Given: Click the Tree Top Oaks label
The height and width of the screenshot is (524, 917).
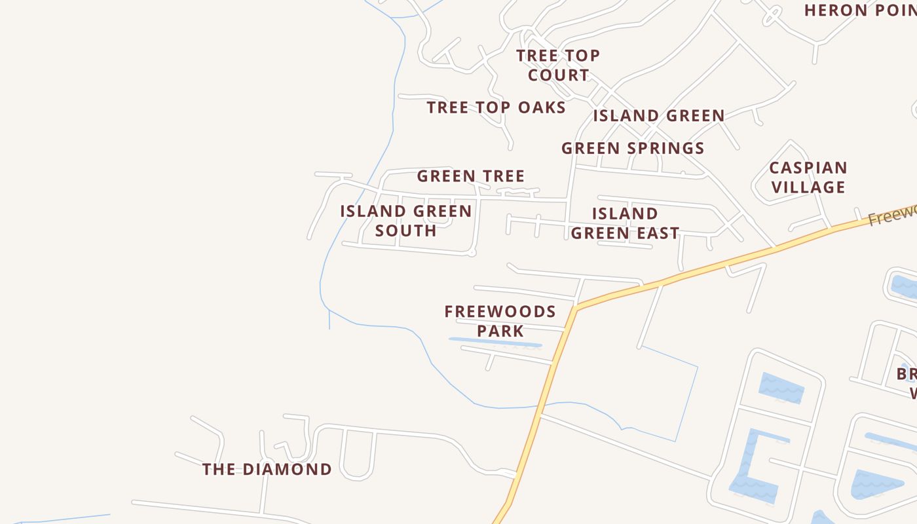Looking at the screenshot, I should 496,107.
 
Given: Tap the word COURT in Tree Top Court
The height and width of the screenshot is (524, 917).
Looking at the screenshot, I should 558,75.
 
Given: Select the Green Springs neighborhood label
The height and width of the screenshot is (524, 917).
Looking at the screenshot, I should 633,148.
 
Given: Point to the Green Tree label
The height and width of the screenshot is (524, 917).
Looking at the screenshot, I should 470,176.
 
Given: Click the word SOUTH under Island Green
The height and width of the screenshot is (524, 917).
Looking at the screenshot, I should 405,231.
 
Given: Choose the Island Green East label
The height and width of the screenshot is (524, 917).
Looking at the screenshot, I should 625,223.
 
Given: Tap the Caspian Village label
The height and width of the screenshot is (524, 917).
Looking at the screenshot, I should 808,178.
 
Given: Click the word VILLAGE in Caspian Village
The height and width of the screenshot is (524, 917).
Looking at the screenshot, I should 808,187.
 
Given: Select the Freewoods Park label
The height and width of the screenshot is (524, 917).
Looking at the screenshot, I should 500,321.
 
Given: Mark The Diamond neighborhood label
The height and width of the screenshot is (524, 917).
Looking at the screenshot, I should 267,470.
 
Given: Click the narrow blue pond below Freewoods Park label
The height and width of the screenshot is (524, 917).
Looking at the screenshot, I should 495,341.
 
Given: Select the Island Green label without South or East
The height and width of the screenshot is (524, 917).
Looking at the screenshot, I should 658,116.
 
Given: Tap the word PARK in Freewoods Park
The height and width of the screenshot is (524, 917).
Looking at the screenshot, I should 500,331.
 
